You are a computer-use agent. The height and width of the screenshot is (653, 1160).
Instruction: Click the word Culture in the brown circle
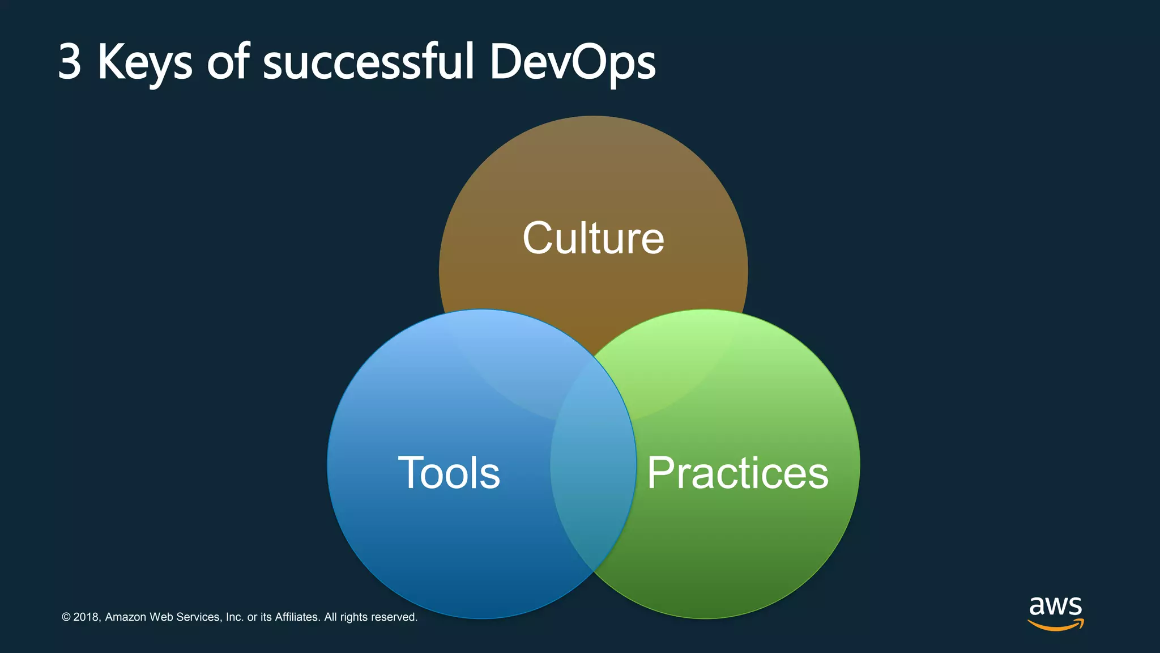[593, 238]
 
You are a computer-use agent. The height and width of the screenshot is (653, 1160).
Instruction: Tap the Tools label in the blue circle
[449, 473]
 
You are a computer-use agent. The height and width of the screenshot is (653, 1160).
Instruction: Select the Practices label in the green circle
[737, 473]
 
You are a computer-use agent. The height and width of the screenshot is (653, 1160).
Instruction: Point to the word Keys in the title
[145, 62]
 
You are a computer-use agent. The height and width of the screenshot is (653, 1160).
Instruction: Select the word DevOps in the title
[572, 62]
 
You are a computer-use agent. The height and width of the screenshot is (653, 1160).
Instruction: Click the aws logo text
[1055, 606]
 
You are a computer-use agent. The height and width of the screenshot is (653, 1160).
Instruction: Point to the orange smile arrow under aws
[1055, 625]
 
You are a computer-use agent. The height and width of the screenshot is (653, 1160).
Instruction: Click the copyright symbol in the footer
[66, 617]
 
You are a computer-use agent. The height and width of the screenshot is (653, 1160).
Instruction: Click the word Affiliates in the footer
[297, 617]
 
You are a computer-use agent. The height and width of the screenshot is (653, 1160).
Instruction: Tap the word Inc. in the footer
[234, 617]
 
